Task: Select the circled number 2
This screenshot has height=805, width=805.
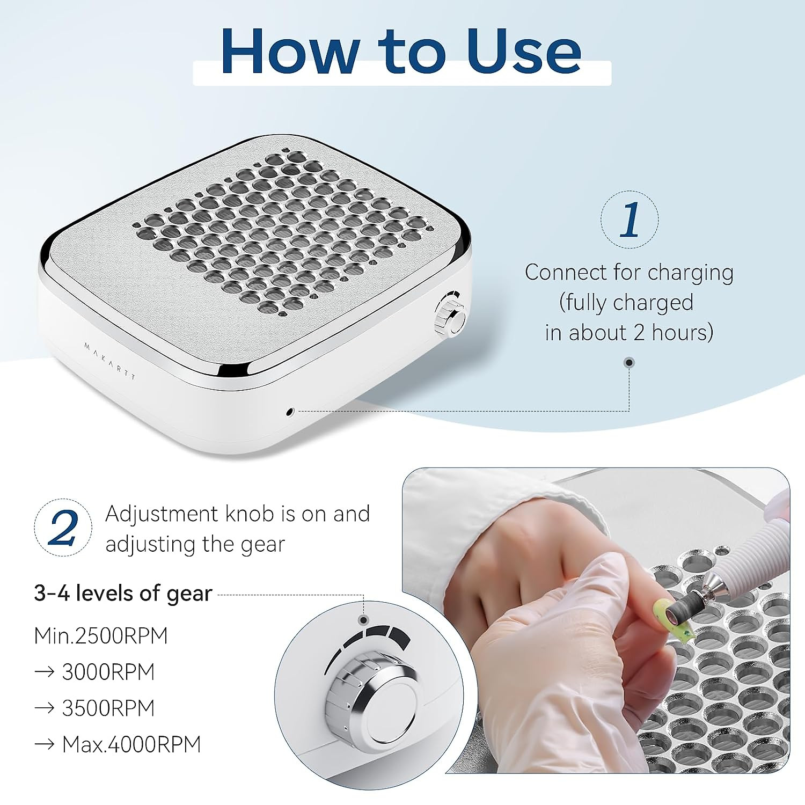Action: (63, 528)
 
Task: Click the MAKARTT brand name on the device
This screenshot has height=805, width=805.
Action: (110, 361)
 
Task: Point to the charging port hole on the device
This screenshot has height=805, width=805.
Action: (290, 412)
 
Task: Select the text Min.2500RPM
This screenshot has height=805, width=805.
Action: (101, 636)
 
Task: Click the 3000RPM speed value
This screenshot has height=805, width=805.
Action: (108, 672)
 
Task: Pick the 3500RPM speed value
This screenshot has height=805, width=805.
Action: (108, 708)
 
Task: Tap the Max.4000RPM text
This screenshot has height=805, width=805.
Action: (131, 744)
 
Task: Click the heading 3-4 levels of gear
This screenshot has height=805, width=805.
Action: (123, 594)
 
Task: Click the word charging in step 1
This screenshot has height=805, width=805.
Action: (690, 273)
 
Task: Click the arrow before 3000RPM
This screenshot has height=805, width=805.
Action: (44, 672)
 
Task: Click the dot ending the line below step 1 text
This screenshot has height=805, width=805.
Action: (630, 363)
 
